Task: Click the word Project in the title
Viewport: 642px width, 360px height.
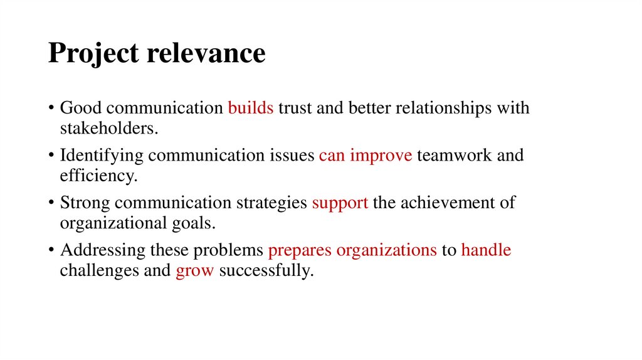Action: coord(93,54)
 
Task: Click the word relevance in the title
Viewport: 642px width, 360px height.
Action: coord(206,54)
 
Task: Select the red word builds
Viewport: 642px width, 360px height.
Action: coord(251,108)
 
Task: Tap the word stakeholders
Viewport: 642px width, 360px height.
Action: coord(108,129)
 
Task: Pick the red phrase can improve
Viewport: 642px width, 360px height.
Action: coord(366,156)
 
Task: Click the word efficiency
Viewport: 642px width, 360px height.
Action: coord(97,176)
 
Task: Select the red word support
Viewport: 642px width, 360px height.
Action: coord(340,203)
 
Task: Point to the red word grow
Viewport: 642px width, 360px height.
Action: coord(195,272)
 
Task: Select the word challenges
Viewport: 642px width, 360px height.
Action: coord(97,272)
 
